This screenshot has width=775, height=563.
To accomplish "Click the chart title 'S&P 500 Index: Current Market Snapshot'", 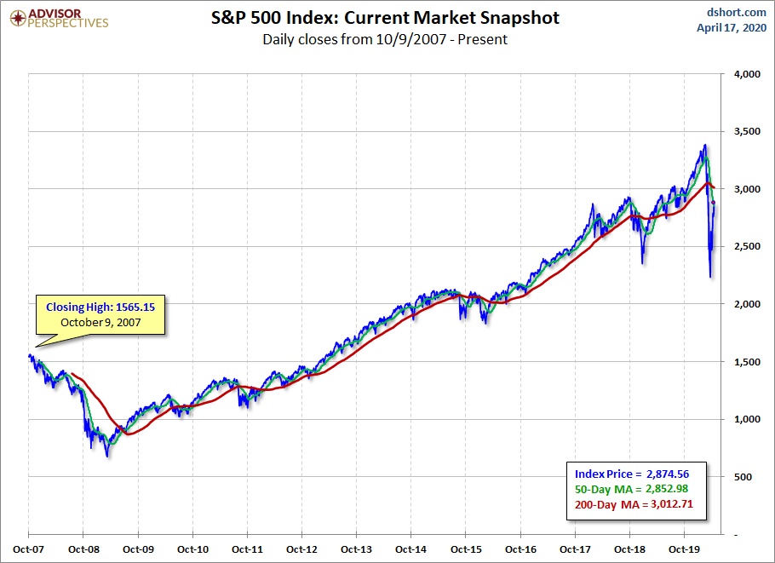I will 385,17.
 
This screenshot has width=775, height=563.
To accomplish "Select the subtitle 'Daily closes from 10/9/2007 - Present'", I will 385,39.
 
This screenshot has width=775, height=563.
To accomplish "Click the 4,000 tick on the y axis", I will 746,74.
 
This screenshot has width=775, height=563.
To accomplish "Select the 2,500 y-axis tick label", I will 746,247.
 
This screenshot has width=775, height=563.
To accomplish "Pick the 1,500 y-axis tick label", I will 746,362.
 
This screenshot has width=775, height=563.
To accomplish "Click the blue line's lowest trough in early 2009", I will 107,457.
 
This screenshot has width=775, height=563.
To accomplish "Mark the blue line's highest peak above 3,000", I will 704,146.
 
